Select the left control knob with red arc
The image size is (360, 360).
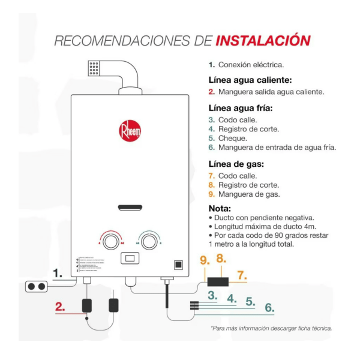(x=110, y=241)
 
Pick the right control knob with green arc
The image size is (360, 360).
(x=147, y=241)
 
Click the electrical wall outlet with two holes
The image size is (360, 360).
(x=37, y=287)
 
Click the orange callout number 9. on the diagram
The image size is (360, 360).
(x=205, y=261)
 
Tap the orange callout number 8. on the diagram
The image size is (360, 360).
(x=221, y=259)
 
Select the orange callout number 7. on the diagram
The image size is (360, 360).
(x=242, y=275)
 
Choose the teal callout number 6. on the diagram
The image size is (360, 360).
(x=269, y=308)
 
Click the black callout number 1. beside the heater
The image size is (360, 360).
(x=58, y=274)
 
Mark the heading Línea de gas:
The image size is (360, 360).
(x=236, y=164)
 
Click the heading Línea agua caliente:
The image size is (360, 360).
(x=250, y=80)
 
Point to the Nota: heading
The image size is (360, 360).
(x=223, y=208)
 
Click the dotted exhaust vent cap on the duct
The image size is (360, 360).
(x=94, y=67)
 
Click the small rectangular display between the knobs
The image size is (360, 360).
(x=129, y=259)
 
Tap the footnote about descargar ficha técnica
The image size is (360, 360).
(x=271, y=328)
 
